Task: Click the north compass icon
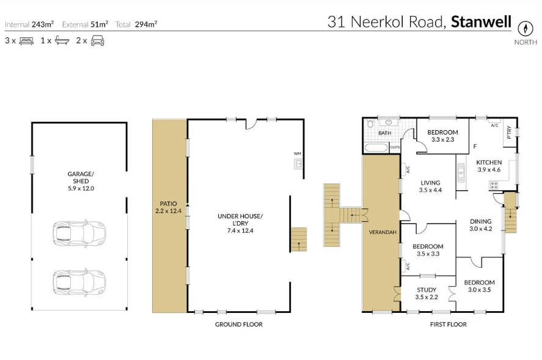tap(524, 29)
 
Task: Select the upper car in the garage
tap(79, 232)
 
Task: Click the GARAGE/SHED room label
tap(80, 181)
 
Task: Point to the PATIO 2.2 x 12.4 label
tap(169, 207)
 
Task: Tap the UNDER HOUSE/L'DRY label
tap(240, 223)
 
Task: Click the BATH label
tap(384, 133)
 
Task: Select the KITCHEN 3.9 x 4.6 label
tap(488, 166)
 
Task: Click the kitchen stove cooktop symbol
tap(493, 184)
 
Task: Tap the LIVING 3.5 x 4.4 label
tap(430, 186)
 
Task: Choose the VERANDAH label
tap(381, 233)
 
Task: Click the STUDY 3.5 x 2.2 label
tap(427, 293)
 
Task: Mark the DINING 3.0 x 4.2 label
tap(480, 226)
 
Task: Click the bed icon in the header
tap(26, 41)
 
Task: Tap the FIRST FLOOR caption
tap(448, 325)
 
